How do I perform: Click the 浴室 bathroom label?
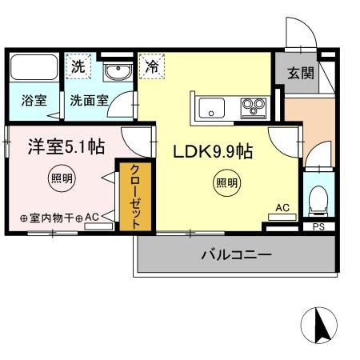pos(33,102)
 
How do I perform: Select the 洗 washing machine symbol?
pos(77,68)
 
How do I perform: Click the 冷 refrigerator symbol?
pos(151,68)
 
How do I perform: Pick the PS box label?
pos(318,227)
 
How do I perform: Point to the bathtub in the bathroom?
pos(34,69)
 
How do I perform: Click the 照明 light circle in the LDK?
pos(226,183)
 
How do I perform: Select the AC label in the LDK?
pos(282,208)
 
